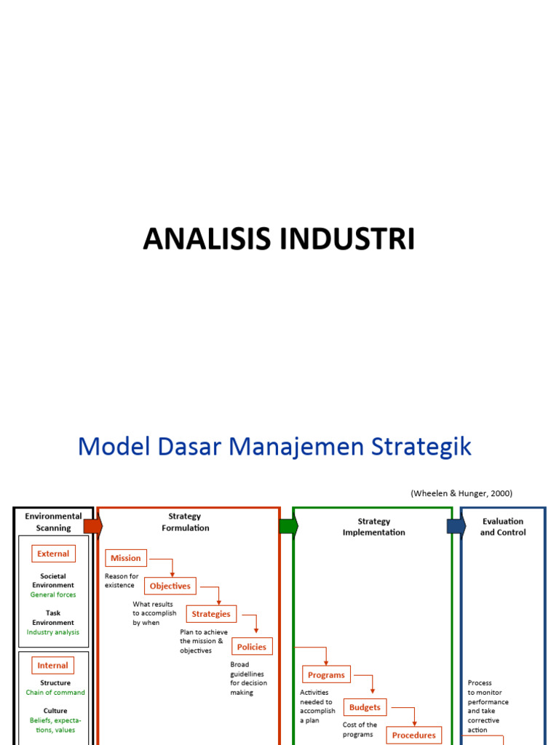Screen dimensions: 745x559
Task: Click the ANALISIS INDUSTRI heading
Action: coord(279,239)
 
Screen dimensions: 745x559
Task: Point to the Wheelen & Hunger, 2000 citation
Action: coord(461,493)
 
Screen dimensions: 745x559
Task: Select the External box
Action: coord(53,554)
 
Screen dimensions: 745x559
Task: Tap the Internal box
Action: coord(52,665)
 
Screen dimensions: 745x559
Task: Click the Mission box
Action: coord(126,558)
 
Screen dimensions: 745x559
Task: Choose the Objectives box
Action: coord(170,586)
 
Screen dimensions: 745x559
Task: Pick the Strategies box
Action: coord(210,614)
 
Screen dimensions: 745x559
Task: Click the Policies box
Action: coord(252,647)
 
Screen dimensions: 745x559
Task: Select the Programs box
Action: coord(326,675)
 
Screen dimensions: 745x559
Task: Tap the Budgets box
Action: coord(365,707)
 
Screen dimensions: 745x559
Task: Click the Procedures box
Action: coord(414,735)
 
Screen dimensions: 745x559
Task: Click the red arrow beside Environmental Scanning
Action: coord(93,526)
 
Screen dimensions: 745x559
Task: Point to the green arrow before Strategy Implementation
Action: coord(288,526)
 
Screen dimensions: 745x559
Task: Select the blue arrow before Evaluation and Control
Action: coord(456,526)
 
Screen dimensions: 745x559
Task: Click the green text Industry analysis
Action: coord(53,632)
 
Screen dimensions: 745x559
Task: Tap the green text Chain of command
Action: coord(55,693)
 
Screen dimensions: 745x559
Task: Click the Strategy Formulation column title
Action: coord(185,522)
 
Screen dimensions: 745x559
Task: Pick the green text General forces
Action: coord(53,594)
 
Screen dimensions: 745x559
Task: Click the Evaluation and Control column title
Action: coord(502,527)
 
